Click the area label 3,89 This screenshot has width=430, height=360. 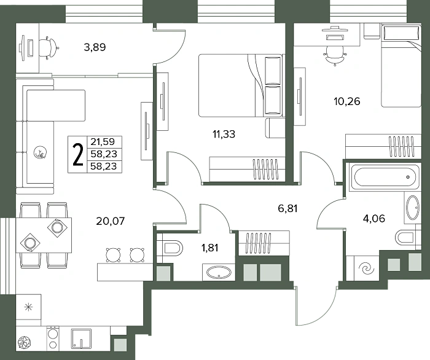coord(95,47)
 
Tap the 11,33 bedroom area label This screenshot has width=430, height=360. coord(224,134)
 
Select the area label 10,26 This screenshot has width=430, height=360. coord(347,101)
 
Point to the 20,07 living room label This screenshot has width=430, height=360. coord(111,221)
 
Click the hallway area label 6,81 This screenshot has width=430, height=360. coord(287,209)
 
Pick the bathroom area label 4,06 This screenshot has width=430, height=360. coord(373,219)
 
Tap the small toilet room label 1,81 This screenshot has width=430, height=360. coord(210,248)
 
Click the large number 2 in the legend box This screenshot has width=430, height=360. coord(78,155)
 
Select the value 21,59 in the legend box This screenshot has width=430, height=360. coord(103,142)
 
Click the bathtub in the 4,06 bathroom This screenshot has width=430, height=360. coord(384,177)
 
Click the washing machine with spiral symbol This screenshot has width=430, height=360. coord(366,268)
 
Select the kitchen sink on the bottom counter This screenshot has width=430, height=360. coord(81,338)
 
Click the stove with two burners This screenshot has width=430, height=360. coord(53,338)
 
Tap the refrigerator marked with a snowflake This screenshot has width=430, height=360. coord(28,307)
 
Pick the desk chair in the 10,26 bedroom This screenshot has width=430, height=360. coord(335,55)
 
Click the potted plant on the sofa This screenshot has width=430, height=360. coord(40,152)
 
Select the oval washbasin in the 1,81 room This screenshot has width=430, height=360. coord(219,273)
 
